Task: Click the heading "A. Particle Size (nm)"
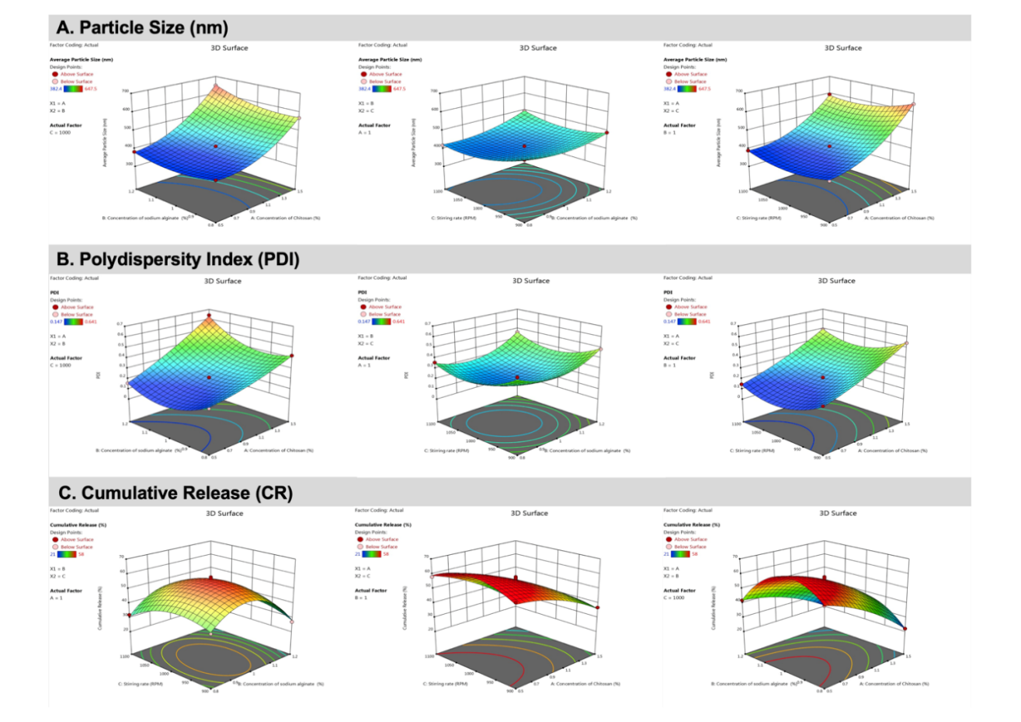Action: pyautogui.click(x=142, y=28)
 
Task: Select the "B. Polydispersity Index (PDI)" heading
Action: pyautogui.click(x=179, y=259)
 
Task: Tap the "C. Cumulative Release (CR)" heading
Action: pyautogui.click(x=175, y=493)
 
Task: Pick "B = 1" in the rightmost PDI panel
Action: pyautogui.click(x=670, y=365)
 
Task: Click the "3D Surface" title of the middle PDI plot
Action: pyautogui.click(x=531, y=281)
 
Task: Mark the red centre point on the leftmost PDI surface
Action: pyautogui.click(x=209, y=377)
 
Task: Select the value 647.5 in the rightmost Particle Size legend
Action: pyautogui.click(x=704, y=89)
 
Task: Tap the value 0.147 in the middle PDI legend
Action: pyautogui.click(x=364, y=322)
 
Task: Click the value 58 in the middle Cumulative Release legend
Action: pyautogui.click(x=385, y=554)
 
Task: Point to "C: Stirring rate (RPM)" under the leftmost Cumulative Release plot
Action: pyautogui.click(x=141, y=684)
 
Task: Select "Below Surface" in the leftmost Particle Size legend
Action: pyautogui.click(x=76, y=82)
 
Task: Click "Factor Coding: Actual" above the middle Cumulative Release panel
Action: pyautogui.click(x=379, y=511)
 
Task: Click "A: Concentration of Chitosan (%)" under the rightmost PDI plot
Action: pyautogui.click(x=892, y=451)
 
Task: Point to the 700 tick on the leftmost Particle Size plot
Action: pyautogui.click(x=125, y=91)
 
